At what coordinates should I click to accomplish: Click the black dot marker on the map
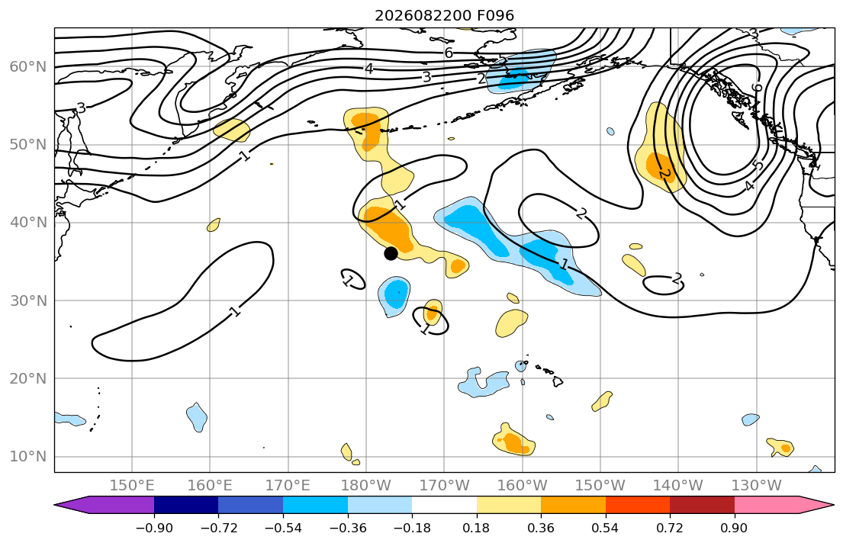[391, 253]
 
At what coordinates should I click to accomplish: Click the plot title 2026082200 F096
[444, 15]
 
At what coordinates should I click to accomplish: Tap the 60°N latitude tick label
[28, 66]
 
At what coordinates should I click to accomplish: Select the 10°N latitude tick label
[28, 457]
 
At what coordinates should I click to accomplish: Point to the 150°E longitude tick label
[132, 486]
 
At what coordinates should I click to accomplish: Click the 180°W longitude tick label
[366, 486]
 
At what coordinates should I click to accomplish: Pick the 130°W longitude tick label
[757, 486]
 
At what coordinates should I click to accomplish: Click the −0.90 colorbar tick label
[154, 528]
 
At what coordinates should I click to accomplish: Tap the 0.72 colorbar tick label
[670, 528]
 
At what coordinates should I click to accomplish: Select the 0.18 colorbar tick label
[476, 528]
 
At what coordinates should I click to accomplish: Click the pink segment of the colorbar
[766, 505]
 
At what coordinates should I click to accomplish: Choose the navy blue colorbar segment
[186, 505]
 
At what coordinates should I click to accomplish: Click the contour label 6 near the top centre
[449, 53]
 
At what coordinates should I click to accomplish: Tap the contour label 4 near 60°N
[368, 69]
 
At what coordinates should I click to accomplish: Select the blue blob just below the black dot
[394, 296]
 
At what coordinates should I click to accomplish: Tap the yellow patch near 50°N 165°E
[232, 130]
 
